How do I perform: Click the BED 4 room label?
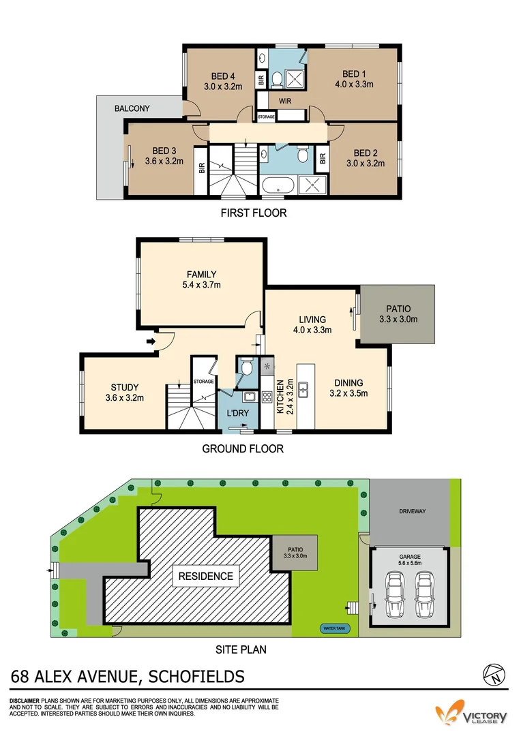tap(223, 81)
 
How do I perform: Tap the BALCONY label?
tap(132, 108)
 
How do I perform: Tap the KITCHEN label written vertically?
tap(280, 397)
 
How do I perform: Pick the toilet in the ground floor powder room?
tap(247, 369)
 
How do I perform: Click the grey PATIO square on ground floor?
tap(397, 314)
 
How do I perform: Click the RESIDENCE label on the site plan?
tap(205, 576)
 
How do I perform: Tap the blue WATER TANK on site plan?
tap(334, 628)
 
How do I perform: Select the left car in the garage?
tap(394, 593)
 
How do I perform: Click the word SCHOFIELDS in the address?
tap(193, 677)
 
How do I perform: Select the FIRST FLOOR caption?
tap(253, 213)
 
